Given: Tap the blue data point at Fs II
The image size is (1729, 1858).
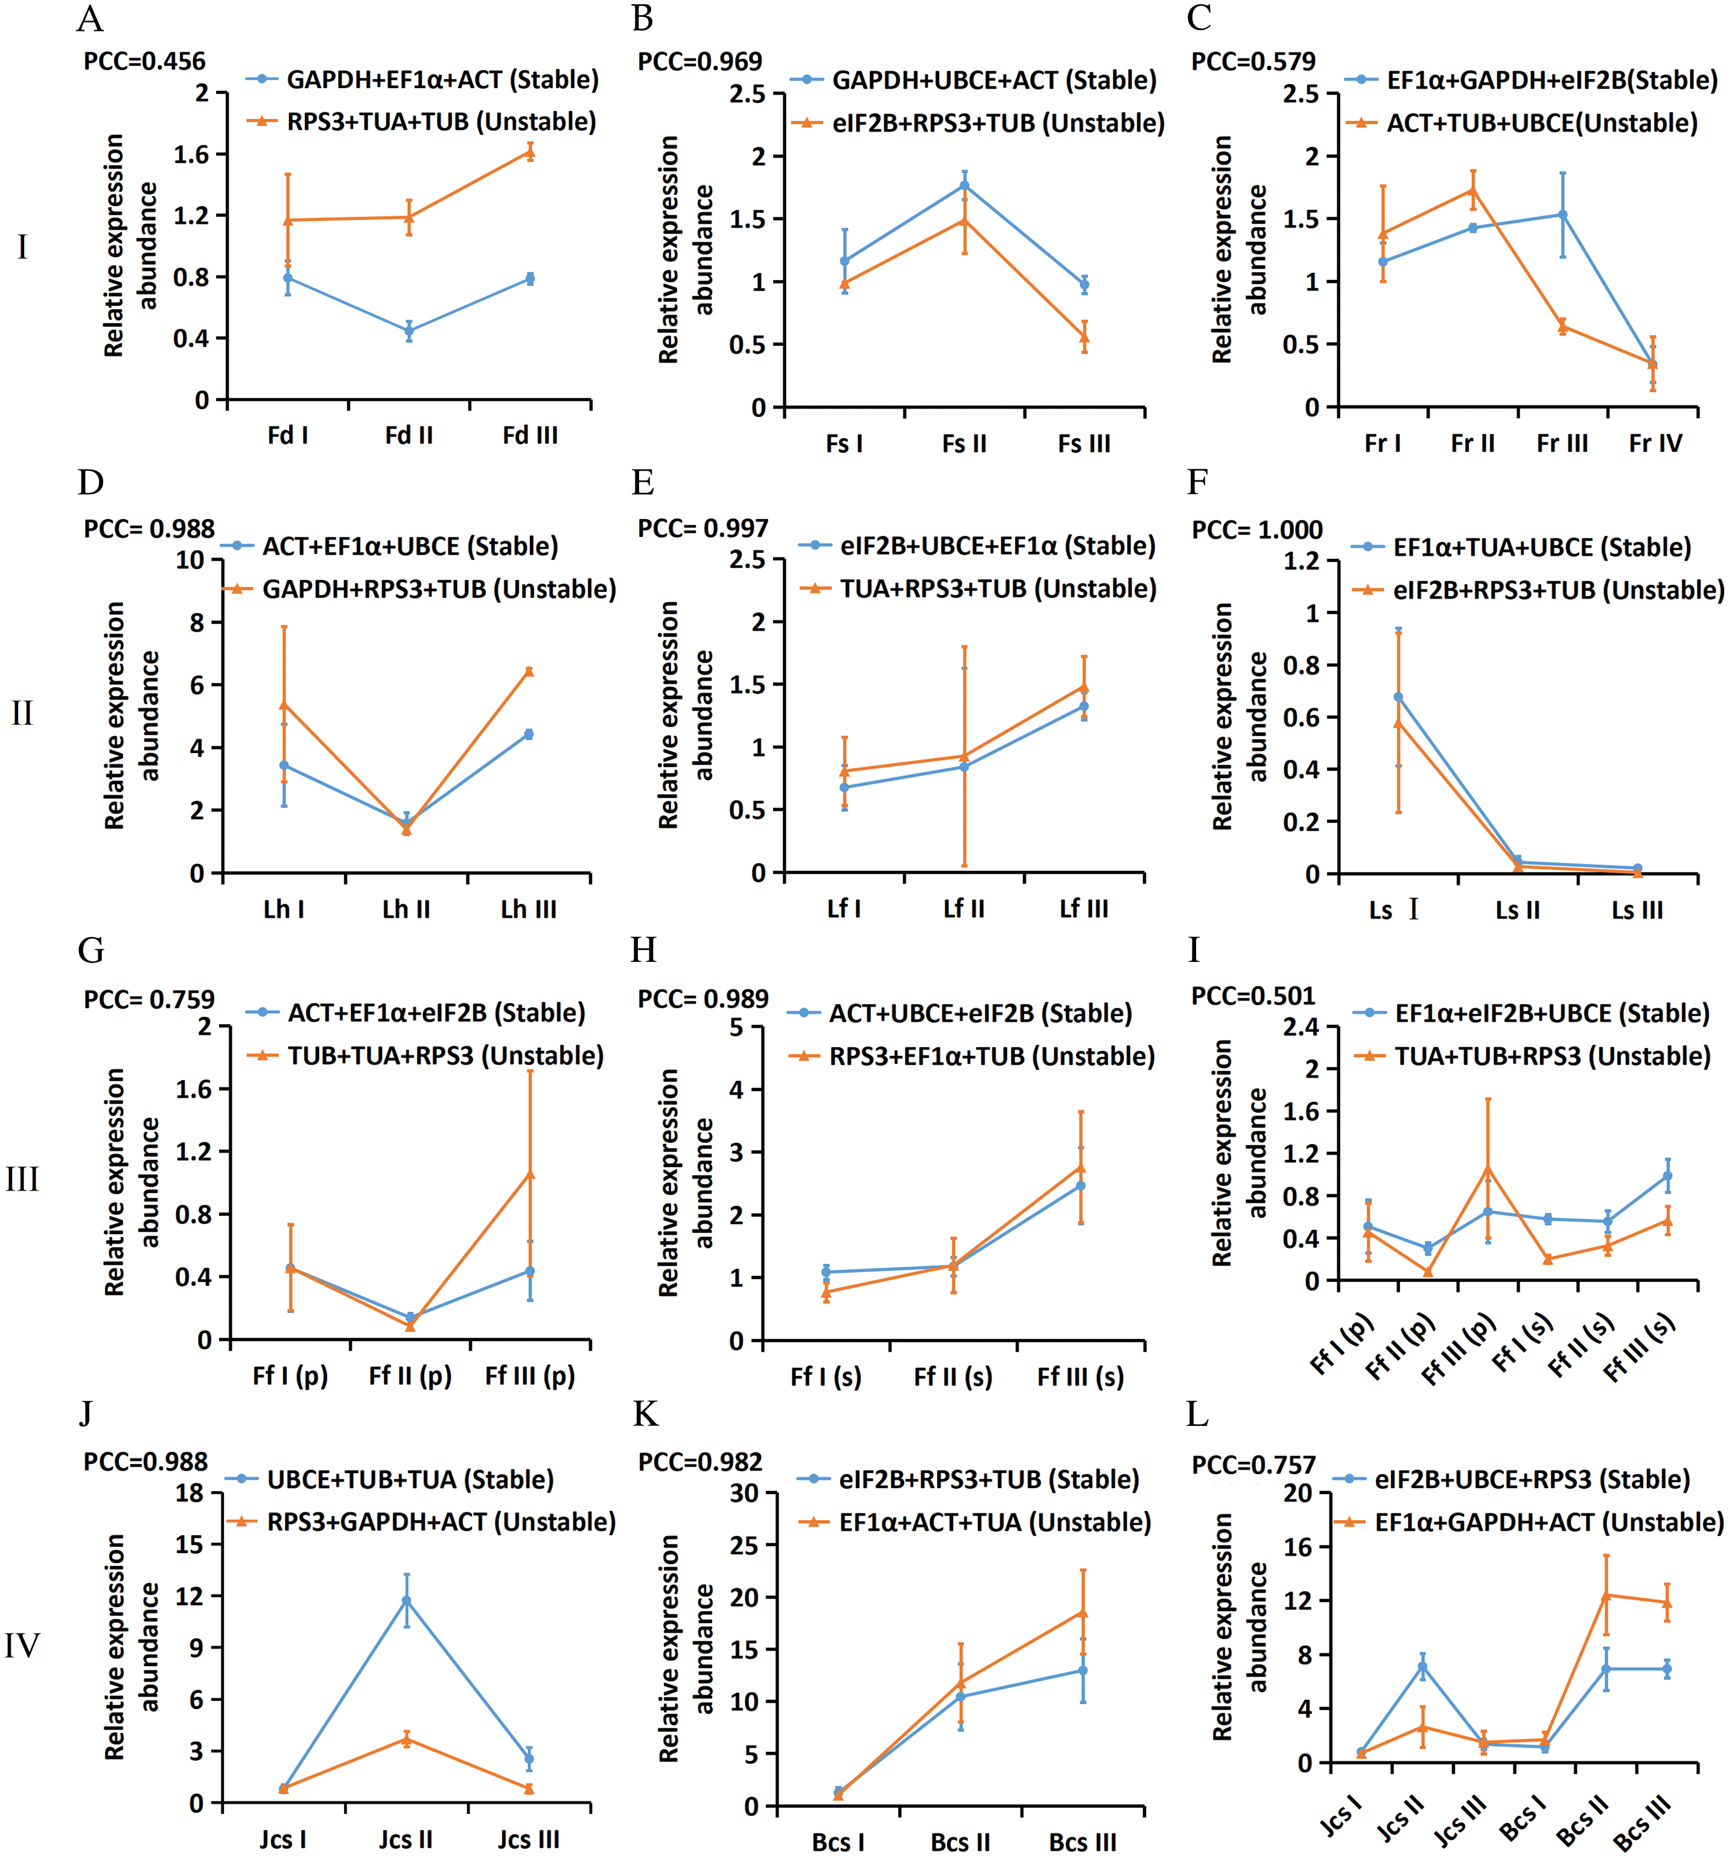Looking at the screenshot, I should (x=964, y=185).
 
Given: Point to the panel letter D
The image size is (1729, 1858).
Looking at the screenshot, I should (x=91, y=482).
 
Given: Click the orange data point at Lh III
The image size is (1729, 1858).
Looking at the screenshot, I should (x=529, y=671).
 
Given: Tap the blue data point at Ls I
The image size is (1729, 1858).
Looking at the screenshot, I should (x=1398, y=697).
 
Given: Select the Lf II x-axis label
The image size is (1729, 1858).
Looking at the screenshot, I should (x=964, y=908).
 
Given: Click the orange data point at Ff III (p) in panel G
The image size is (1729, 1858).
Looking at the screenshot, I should (x=530, y=1175).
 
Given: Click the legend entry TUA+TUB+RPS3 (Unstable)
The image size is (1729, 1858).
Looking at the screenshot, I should (x=1552, y=1056).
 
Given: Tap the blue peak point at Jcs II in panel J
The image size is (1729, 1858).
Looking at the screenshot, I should (x=406, y=1601).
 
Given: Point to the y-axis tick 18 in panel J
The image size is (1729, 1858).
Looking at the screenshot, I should (x=189, y=1494).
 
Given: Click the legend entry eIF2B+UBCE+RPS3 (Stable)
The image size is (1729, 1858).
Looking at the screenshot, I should (x=1532, y=1480).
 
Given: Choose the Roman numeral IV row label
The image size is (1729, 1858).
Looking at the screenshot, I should (x=22, y=1645).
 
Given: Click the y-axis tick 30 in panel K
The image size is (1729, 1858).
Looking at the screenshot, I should (x=744, y=1494).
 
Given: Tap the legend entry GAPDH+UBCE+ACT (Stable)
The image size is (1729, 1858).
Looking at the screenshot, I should (x=993, y=80).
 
